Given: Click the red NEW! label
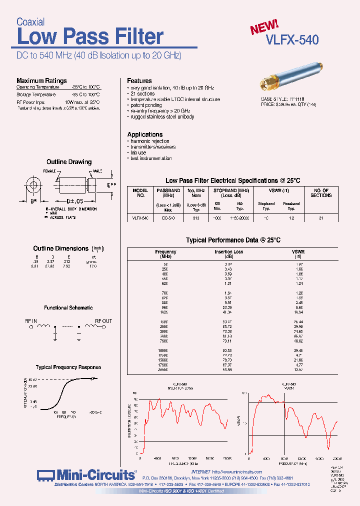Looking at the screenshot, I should click(x=264, y=27).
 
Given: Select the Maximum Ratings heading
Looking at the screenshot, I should click(x=41, y=80).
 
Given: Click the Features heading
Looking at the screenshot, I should click(x=139, y=80).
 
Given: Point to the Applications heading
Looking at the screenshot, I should click(x=144, y=134).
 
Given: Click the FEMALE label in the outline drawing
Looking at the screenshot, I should click(x=49, y=171).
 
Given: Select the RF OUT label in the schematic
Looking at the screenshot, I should click(x=103, y=321).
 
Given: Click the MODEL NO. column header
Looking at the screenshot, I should click(x=140, y=193).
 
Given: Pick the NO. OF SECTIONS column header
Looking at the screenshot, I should click(x=320, y=193).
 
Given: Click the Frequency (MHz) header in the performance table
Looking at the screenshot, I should click(x=165, y=254).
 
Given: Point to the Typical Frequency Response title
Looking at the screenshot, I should click(x=68, y=367).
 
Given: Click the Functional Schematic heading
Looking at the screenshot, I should click(x=68, y=308).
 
